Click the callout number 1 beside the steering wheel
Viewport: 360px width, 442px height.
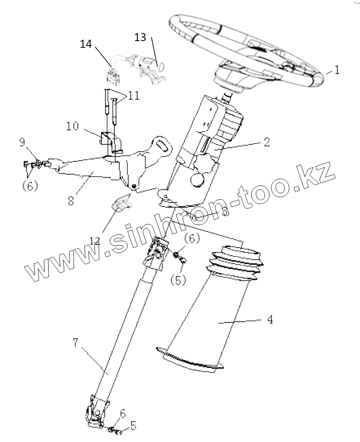click(337, 71)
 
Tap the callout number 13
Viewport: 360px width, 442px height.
click(140, 38)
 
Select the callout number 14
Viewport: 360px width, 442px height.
click(87, 44)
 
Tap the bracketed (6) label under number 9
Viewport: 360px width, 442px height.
click(30, 186)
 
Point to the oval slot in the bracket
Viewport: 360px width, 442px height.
click(163, 145)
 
